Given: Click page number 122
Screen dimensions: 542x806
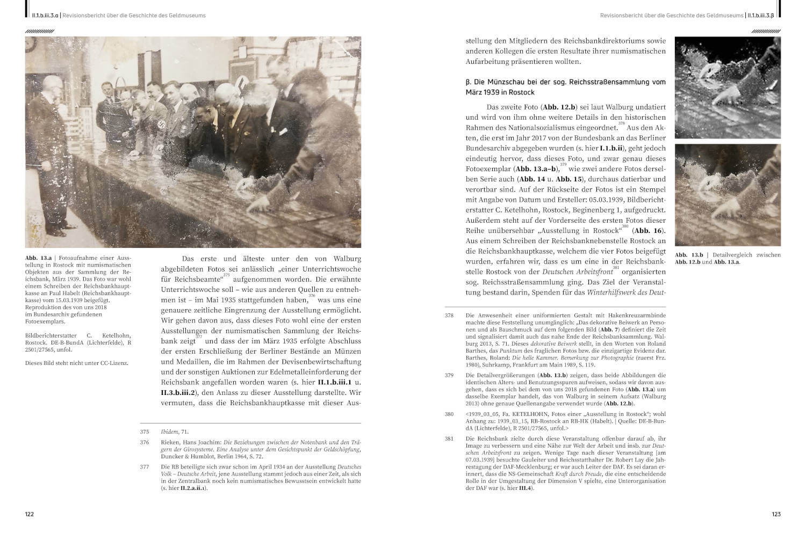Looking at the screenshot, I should pyautogui.click(x=30, y=514).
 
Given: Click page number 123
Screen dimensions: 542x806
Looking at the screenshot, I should pyautogui.click(x=776, y=514).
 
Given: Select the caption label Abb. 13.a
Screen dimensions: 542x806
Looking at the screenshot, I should pyautogui.click(x=38, y=258).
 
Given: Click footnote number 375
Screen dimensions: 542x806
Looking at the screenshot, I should pyautogui.click(x=144, y=431).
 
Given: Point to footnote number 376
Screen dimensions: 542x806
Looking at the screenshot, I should pyautogui.click(x=144, y=442).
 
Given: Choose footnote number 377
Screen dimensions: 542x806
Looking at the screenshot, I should pyautogui.click(x=144, y=467).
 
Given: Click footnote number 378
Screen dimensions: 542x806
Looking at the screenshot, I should pyautogui.click(x=449, y=316).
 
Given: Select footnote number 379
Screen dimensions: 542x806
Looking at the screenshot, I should pyautogui.click(x=449, y=375).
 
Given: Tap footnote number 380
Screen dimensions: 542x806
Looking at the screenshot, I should pyautogui.click(x=449, y=414).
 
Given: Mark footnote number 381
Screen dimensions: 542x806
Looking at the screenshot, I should pyautogui.click(x=449, y=438).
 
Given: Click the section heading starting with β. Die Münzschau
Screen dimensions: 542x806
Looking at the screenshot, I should pyautogui.click(x=565, y=87).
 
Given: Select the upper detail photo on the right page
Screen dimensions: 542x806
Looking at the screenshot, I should pyautogui.click(x=728, y=87).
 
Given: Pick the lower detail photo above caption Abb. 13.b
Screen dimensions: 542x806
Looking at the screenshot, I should pyautogui.click(x=728, y=195).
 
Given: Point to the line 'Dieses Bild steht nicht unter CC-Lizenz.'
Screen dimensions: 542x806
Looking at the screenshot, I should pyautogui.click(x=77, y=363).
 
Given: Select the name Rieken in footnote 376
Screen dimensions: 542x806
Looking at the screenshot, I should pyautogui.click(x=171, y=442).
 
